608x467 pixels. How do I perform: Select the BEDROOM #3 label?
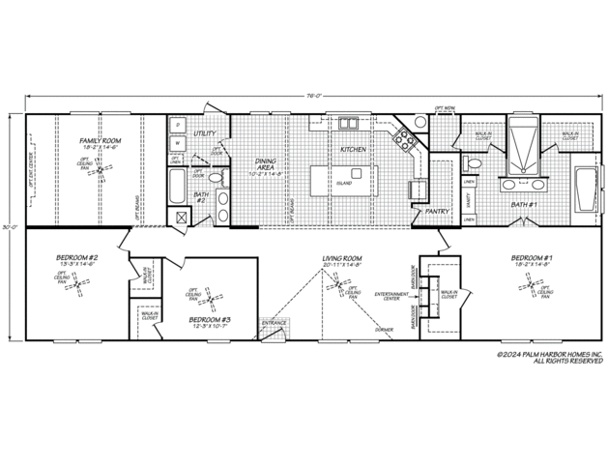click(210, 319)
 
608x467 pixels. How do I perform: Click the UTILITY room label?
click(205, 132)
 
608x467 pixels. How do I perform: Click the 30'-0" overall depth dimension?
click(9, 228)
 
